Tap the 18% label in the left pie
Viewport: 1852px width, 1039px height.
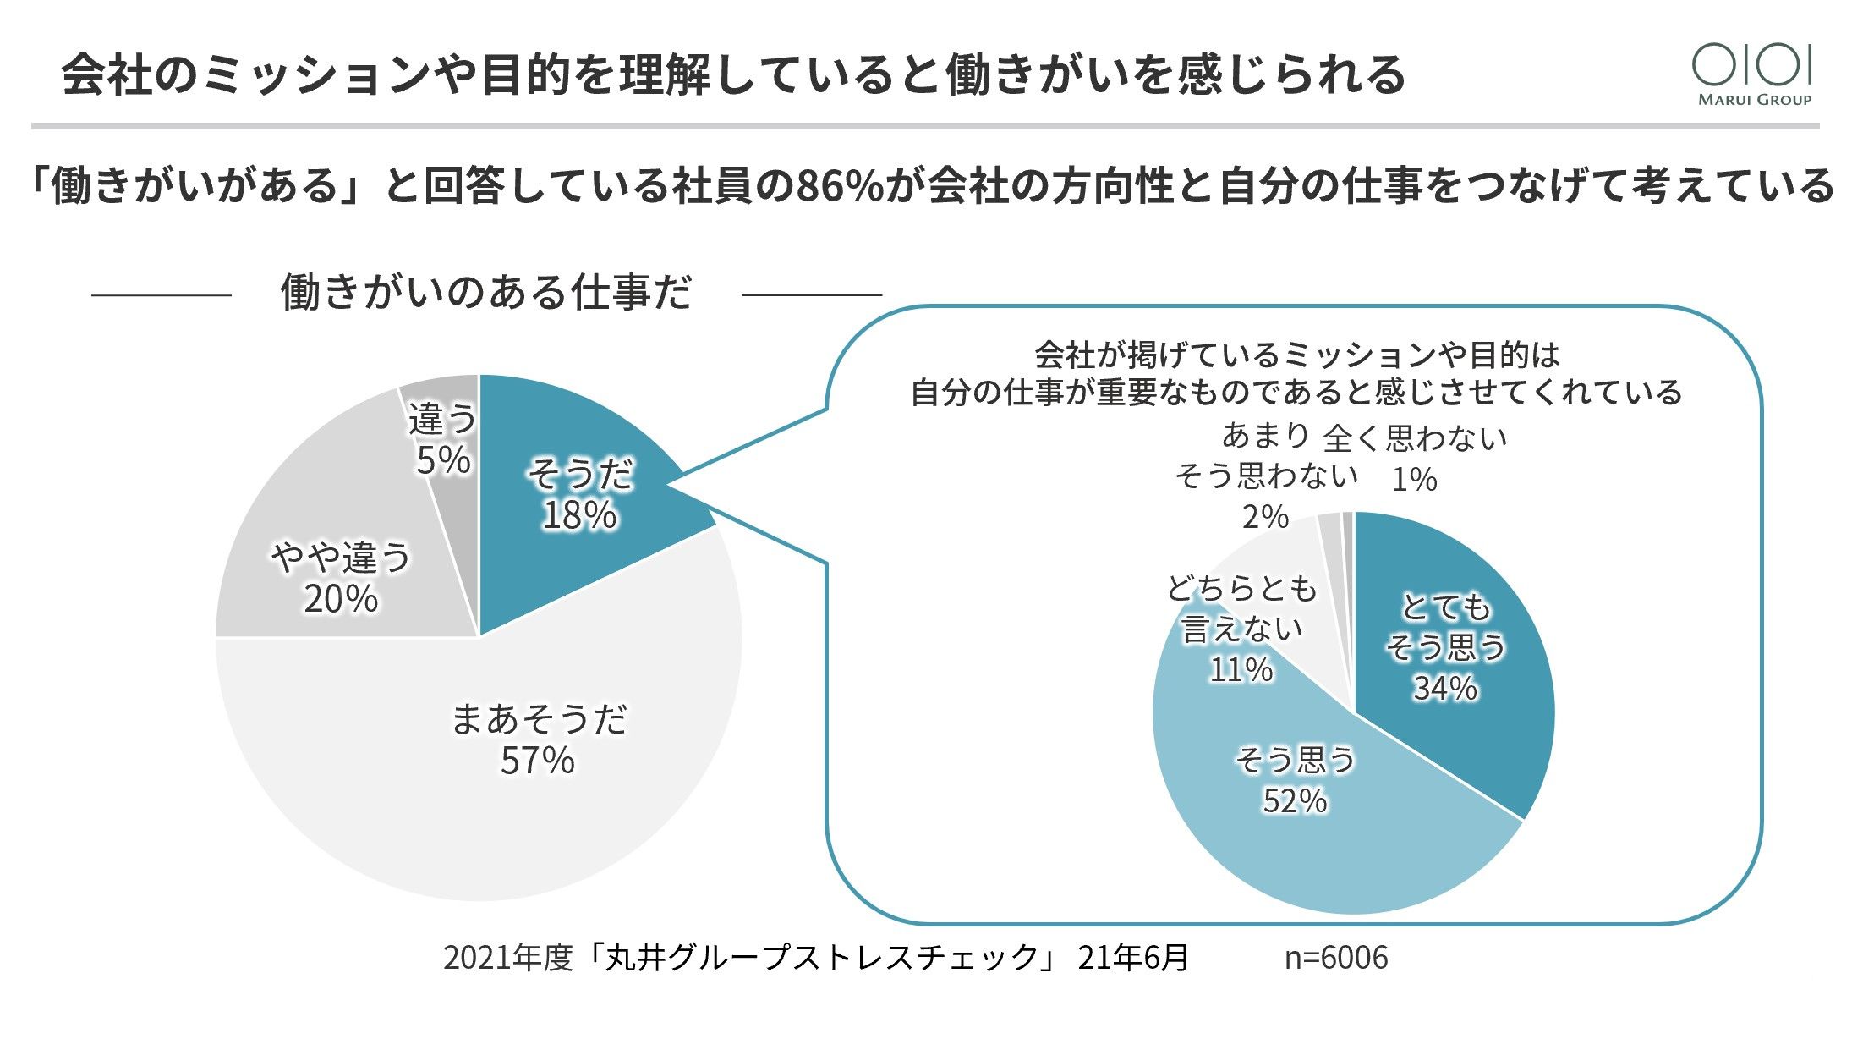click(579, 515)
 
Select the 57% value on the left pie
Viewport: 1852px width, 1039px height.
click(537, 761)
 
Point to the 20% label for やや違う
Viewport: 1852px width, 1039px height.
click(341, 599)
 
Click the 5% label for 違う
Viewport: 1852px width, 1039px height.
click(443, 460)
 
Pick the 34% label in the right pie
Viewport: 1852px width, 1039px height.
click(1445, 688)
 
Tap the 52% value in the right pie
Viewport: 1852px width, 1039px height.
click(1295, 800)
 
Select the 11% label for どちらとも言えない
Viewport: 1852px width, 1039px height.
click(1241, 669)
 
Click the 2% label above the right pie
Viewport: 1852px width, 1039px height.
click(1265, 516)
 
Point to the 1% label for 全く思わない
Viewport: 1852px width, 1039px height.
click(1414, 480)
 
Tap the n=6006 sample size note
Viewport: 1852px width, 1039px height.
click(1336, 958)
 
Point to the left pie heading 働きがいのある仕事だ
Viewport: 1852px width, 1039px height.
click(486, 293)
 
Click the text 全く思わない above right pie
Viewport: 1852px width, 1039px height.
click(1415, 438)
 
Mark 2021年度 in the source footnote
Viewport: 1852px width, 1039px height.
click(507, 958)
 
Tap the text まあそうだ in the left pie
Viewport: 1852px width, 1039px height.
click(539, 720)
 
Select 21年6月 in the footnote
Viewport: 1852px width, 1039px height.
click(1133, 958)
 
